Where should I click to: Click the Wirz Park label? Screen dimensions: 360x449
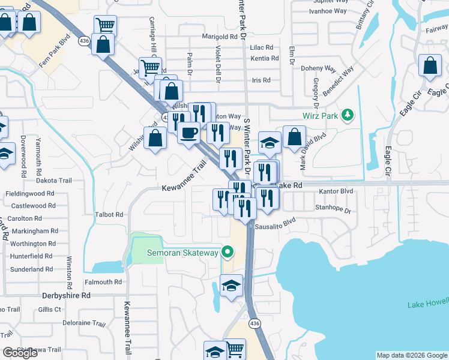(x=319, y=115)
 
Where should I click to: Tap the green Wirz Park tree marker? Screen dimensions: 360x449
(x=346, y=114)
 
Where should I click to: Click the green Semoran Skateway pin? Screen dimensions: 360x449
(x=226, y=252)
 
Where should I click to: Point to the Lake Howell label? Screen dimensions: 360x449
(x=427, y=304)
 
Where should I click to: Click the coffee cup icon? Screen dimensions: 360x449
(x=189, y=132)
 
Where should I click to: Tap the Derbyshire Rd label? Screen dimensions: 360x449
(x=66, y=295)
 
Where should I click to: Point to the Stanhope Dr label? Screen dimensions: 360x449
(x=332, y=209)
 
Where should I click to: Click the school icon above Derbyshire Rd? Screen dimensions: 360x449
(x=231, y=286)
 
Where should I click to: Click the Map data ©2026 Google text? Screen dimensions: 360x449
(x=412, y=355)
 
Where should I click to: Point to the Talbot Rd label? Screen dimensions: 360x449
(x=109, y=214)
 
